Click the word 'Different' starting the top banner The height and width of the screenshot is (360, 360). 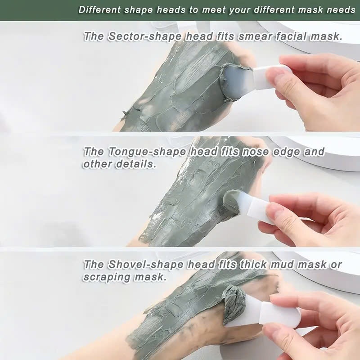coord(99,10)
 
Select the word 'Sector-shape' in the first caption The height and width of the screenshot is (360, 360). coord(145,36)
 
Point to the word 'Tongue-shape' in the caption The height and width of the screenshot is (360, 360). coord(147,152)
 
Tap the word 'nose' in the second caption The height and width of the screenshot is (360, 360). coord(255,152)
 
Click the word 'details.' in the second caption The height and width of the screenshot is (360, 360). coord(135,164)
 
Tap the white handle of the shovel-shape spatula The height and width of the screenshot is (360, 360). coord(279,315)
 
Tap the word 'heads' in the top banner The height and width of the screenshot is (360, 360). coord(171,10)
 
